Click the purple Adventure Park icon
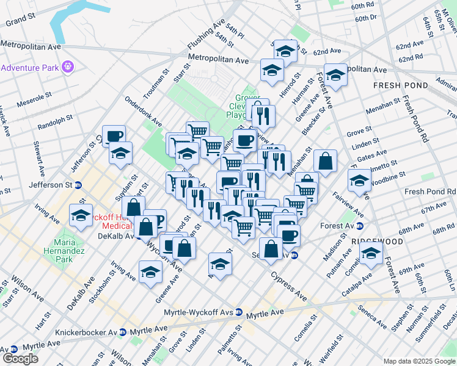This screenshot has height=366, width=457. point(67,65)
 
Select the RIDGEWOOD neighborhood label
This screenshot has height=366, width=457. point(378,242)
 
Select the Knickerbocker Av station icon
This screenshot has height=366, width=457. point(123,332)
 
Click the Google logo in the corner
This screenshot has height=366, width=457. point(20,358)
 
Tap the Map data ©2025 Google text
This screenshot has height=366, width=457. point(419,361)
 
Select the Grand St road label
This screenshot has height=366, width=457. point(21,21)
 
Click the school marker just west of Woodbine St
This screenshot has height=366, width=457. point(359,180)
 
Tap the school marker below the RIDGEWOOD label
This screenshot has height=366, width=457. point(371,253)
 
